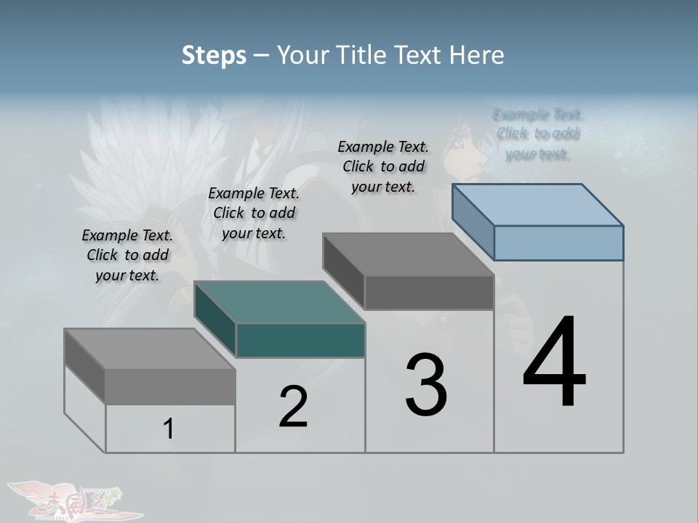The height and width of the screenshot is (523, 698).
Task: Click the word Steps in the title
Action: (x=214, y=55)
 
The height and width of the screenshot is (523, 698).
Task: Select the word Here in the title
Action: (x=477, y=55)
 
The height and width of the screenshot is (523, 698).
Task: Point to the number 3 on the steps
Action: (x=426, y=385)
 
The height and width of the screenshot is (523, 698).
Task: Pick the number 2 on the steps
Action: (x=293, y=407)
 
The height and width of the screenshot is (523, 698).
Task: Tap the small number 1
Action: (x=169, y=429)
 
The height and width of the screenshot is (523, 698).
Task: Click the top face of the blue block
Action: (x=537, y=205)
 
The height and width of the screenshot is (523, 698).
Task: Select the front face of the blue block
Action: (x=558, y=243)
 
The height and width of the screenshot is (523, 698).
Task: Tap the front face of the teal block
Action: (x=300, y=340)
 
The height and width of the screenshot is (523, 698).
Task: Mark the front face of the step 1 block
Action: (x=170, y=386)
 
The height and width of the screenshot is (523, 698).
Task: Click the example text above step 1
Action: (x=127, y=255)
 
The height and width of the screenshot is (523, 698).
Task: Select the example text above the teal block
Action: (x=254, y=213)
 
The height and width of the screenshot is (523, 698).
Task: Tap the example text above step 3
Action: (x=383, y=166)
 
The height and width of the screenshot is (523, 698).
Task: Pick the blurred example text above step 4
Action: (x=538, y=134)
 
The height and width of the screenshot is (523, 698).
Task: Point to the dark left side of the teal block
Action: (x=215, y=320)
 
